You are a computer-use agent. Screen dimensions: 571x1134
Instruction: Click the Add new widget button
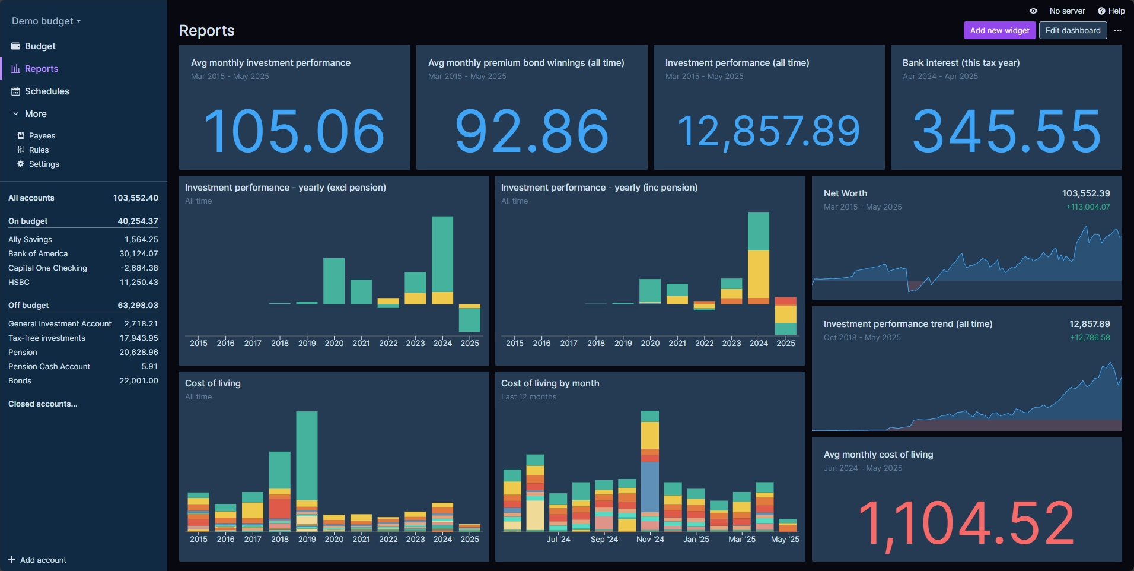(999, 30)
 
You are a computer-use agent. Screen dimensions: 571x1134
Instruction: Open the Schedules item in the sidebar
(47, 91)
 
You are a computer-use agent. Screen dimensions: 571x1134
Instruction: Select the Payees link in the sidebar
(42, 136)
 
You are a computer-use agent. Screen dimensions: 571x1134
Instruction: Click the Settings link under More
(44, 164)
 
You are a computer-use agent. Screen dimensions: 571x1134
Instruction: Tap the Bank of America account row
(38, 254)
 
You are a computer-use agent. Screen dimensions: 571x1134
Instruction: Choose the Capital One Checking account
(47, 268)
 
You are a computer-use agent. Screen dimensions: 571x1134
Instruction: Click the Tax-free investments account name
(47, 338)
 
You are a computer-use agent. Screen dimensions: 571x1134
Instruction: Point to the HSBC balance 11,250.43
(139, 283)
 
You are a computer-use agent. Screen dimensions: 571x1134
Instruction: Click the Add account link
(43, 560)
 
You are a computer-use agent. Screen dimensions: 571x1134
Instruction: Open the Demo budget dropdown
(46, 21)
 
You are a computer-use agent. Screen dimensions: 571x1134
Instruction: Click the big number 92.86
(531, 131)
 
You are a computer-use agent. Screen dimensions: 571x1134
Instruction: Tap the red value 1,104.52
(966, 523)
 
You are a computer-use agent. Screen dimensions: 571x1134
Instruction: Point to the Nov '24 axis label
(650, 539)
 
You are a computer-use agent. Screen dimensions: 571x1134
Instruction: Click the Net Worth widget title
(845, 193)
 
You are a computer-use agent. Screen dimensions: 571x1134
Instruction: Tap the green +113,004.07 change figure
(1088, 207)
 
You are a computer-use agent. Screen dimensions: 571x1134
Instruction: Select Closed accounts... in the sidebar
(43, 404)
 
